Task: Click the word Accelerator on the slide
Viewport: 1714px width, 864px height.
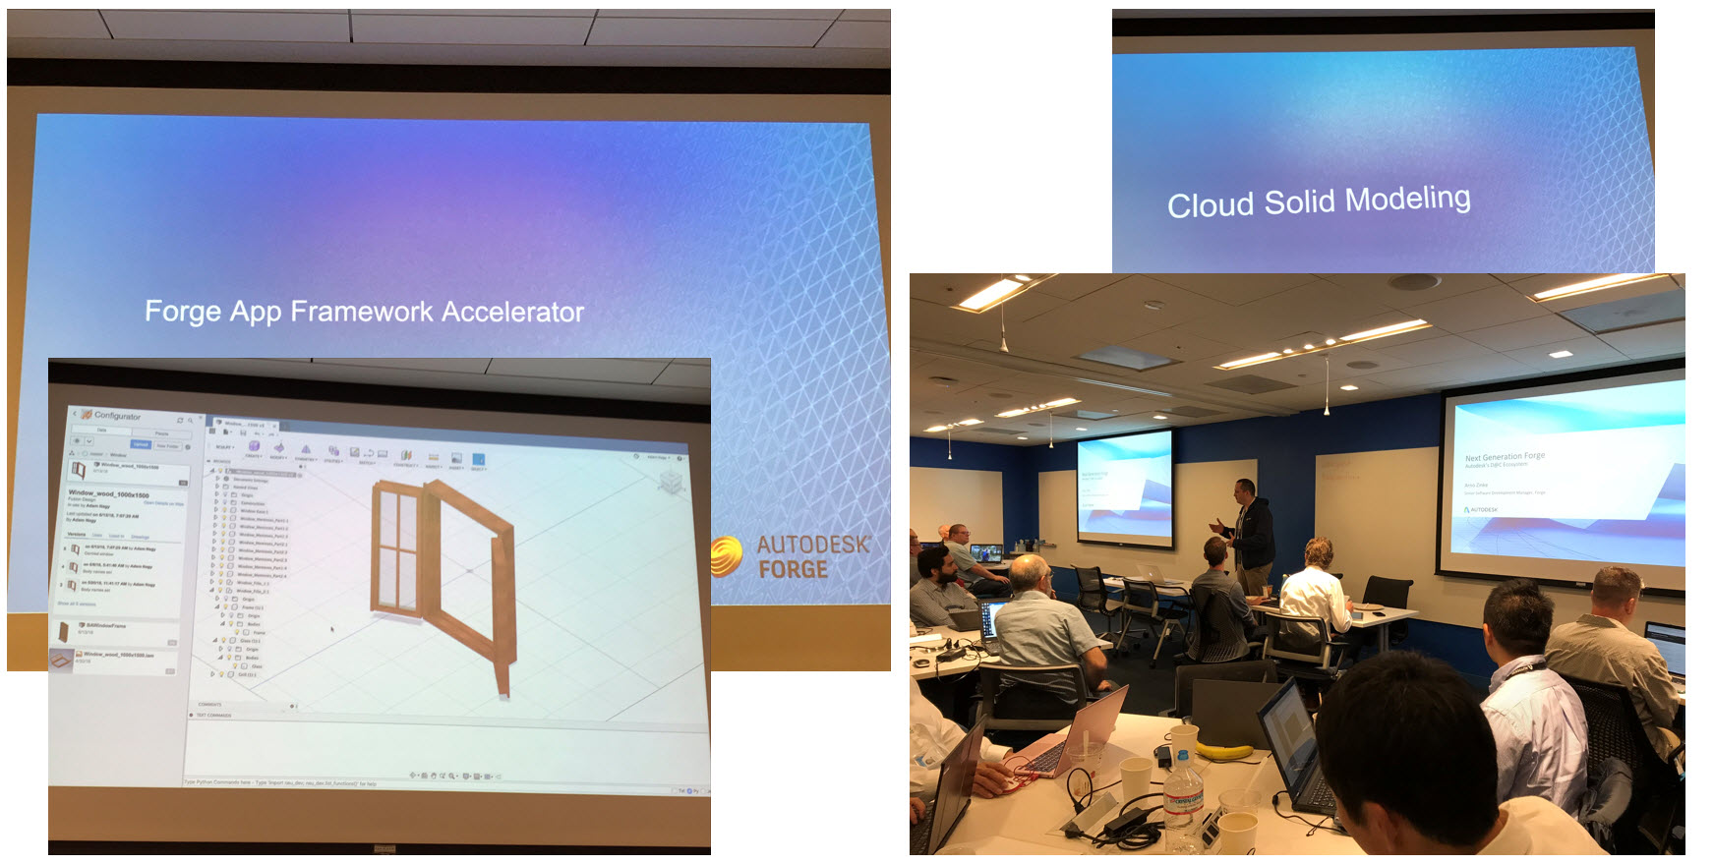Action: coord(512,312)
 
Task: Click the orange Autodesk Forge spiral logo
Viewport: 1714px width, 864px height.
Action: coord(726,555)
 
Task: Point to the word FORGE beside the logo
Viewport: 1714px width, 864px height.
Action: coord(793,569)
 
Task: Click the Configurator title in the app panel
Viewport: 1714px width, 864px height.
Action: coord(117,416)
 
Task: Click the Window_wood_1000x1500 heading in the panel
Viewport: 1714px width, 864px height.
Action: coord(108,493)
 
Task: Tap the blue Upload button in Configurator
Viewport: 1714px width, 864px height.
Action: coord(141,444)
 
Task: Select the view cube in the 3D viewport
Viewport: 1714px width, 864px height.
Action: coord(672,481)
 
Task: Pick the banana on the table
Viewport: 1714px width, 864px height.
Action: coord(1224,752)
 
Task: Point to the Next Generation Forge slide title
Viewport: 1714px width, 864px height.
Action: coord(1505,457)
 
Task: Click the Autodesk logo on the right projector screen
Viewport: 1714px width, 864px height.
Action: coord(1481,510)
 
